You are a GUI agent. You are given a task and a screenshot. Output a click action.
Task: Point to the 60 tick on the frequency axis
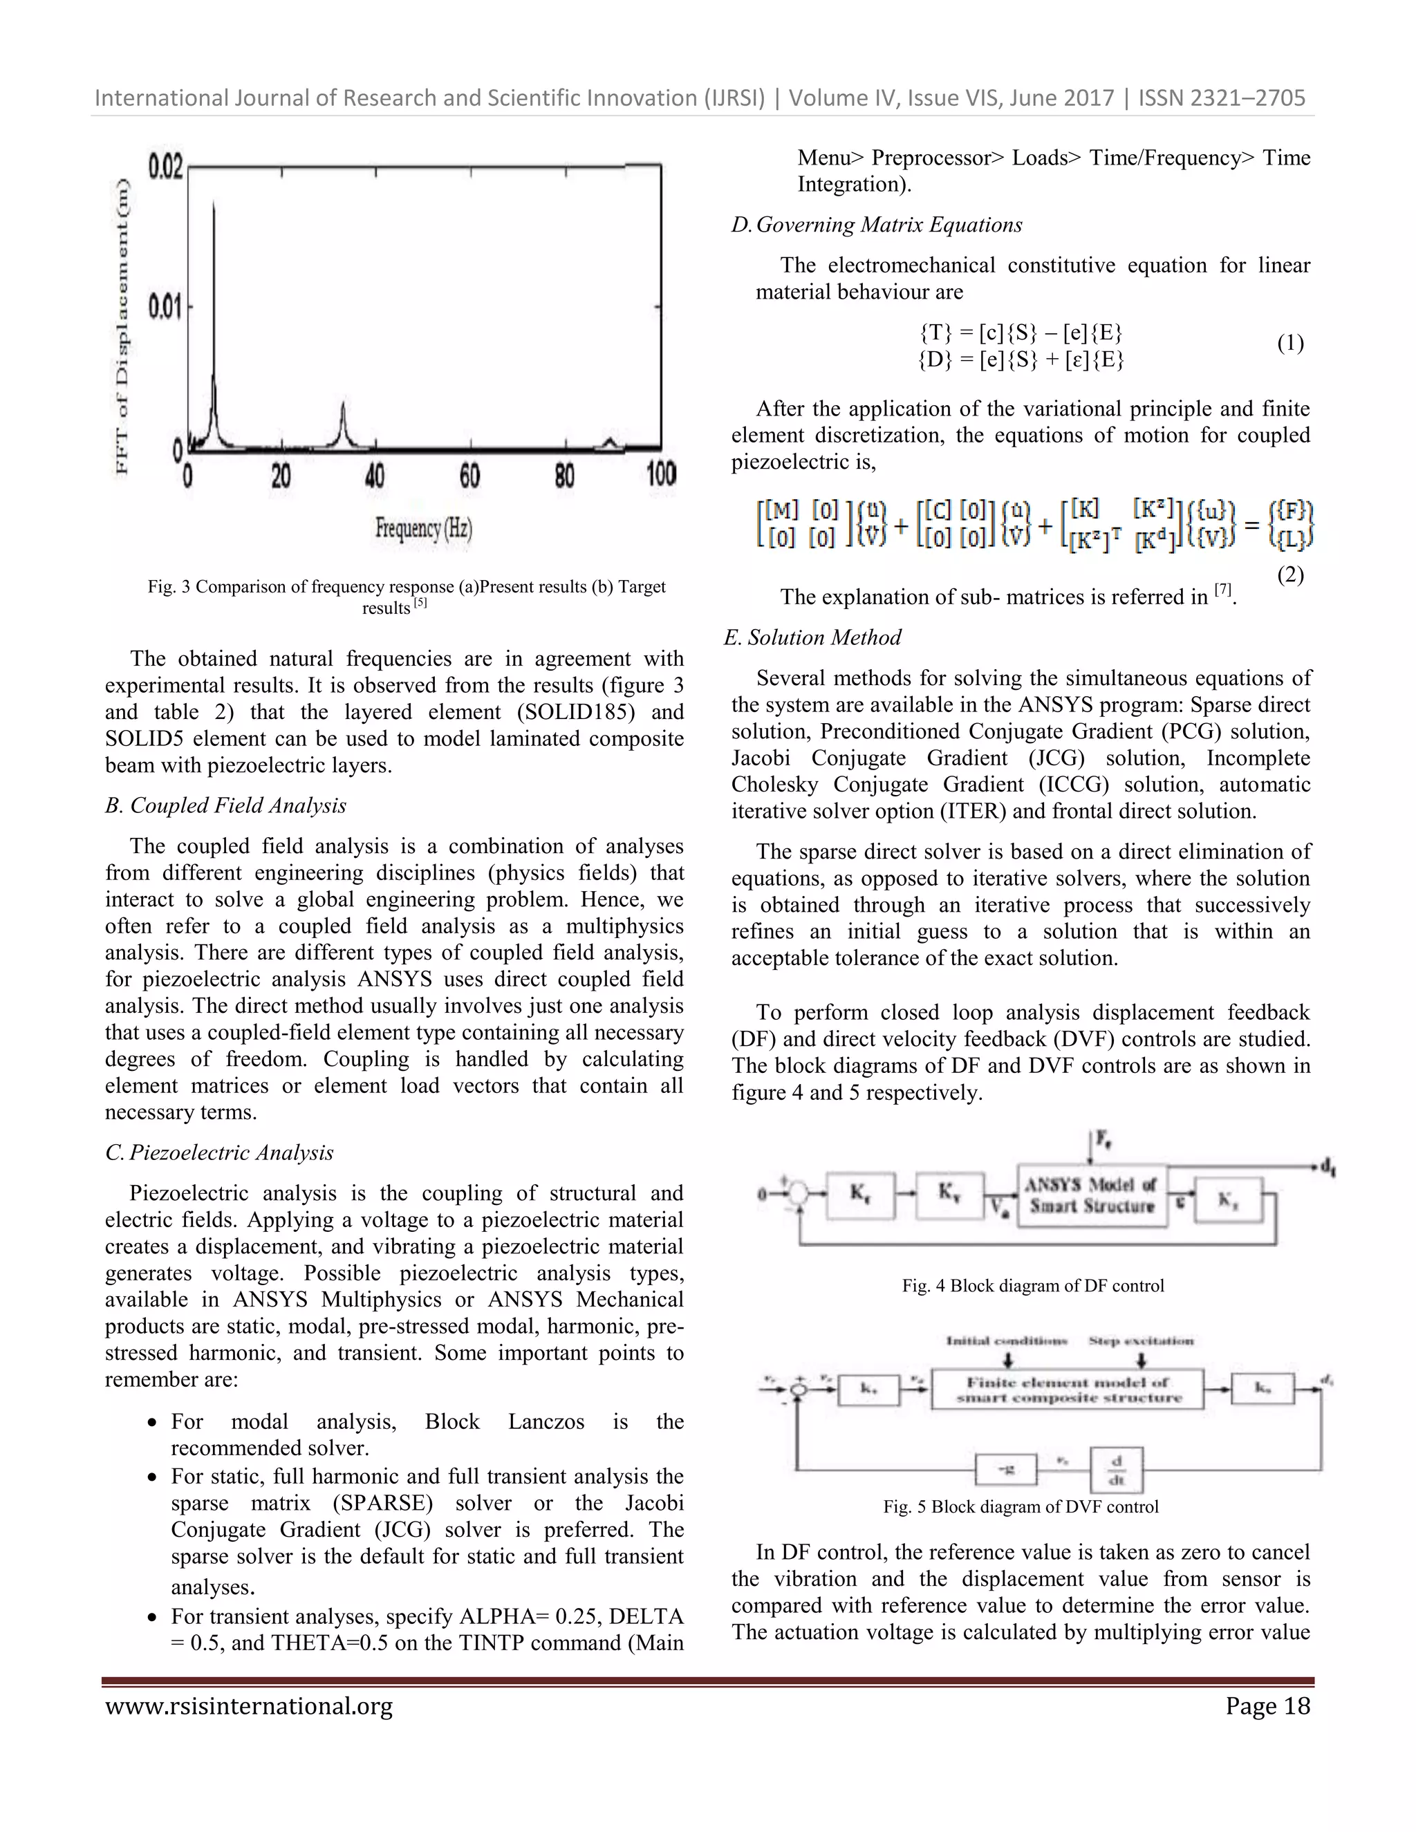coord(469,476)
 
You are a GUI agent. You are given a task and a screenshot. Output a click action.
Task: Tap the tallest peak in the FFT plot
coord(213,205)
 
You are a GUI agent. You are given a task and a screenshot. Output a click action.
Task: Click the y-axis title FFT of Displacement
coord(122,326)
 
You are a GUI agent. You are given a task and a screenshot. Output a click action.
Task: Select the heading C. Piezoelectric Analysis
coord(219,1152)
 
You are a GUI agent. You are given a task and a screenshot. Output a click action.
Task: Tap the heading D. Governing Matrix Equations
coord(877,225)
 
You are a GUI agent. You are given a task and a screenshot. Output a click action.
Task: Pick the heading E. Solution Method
coord(812,637)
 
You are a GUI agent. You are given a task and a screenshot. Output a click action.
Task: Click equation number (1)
coord(1290,343)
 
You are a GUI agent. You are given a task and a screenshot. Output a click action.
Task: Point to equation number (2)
coord(1290,574)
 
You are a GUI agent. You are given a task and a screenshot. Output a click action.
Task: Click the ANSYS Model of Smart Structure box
coord(1091,1195)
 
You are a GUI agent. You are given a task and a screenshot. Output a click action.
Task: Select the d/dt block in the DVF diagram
coord(1117,1470)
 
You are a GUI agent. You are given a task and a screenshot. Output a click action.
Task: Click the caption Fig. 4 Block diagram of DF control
coord(1033,1286)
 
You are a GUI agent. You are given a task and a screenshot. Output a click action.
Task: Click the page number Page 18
coord(1267,1706)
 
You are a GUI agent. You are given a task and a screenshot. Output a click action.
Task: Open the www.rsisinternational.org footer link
coord(249,1706)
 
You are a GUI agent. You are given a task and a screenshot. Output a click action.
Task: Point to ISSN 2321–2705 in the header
coord(1222,98)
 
